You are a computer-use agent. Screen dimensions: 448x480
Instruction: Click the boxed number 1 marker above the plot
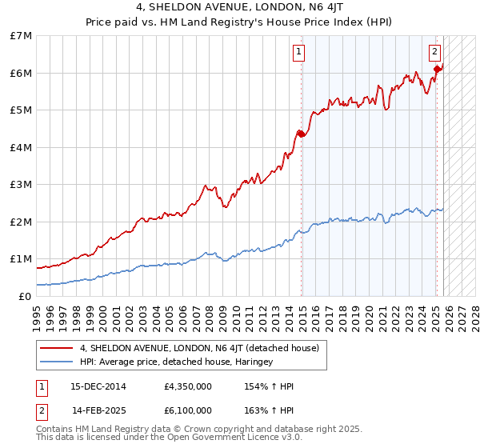coord(298,53)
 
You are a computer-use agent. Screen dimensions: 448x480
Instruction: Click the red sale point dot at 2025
coord(437,69)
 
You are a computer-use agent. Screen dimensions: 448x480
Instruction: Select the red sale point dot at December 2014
coord(302,134)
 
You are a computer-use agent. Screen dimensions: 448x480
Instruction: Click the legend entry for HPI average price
coord(176,362)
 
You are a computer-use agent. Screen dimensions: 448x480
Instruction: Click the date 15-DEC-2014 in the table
coord(98,386)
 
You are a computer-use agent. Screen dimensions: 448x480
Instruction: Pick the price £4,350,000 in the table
coord(187,386)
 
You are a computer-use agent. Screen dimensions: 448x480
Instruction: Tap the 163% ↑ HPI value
coord(269,410)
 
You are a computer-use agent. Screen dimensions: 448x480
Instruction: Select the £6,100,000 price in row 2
coord(187,410)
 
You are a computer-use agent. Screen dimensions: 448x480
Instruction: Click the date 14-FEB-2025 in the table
coord(98,410)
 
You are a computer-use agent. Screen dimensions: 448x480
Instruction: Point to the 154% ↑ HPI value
coord(269,386)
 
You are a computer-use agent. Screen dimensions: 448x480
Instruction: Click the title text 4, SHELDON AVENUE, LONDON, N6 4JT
coord(239,9)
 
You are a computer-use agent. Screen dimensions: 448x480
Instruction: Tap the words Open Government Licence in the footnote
coord(240,438)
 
